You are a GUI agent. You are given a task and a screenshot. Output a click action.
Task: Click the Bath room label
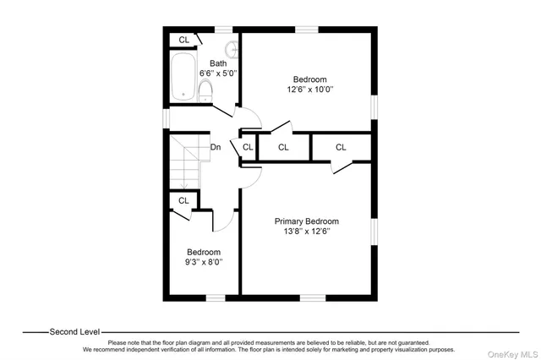[218, 63]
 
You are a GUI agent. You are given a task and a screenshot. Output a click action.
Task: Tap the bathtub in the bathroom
[183, 78]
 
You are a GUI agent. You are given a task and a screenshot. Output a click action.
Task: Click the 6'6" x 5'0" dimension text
[218, 74]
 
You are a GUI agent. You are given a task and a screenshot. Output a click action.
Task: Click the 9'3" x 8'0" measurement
[204, 263]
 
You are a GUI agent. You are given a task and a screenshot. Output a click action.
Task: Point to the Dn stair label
[216, 147]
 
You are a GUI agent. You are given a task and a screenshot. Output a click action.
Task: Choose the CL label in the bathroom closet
[183, 40]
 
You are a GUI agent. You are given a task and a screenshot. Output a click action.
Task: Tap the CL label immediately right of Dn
[248, 147]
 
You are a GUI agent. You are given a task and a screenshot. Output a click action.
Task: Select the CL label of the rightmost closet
[341, 147]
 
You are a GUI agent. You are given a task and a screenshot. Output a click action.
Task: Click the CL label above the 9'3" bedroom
[183, 200]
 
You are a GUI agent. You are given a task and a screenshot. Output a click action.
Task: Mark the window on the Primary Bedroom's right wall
[373, 233]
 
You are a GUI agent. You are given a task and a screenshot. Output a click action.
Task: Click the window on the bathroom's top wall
[222, 30]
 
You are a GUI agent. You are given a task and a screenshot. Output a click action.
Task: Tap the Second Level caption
[74, 331]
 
